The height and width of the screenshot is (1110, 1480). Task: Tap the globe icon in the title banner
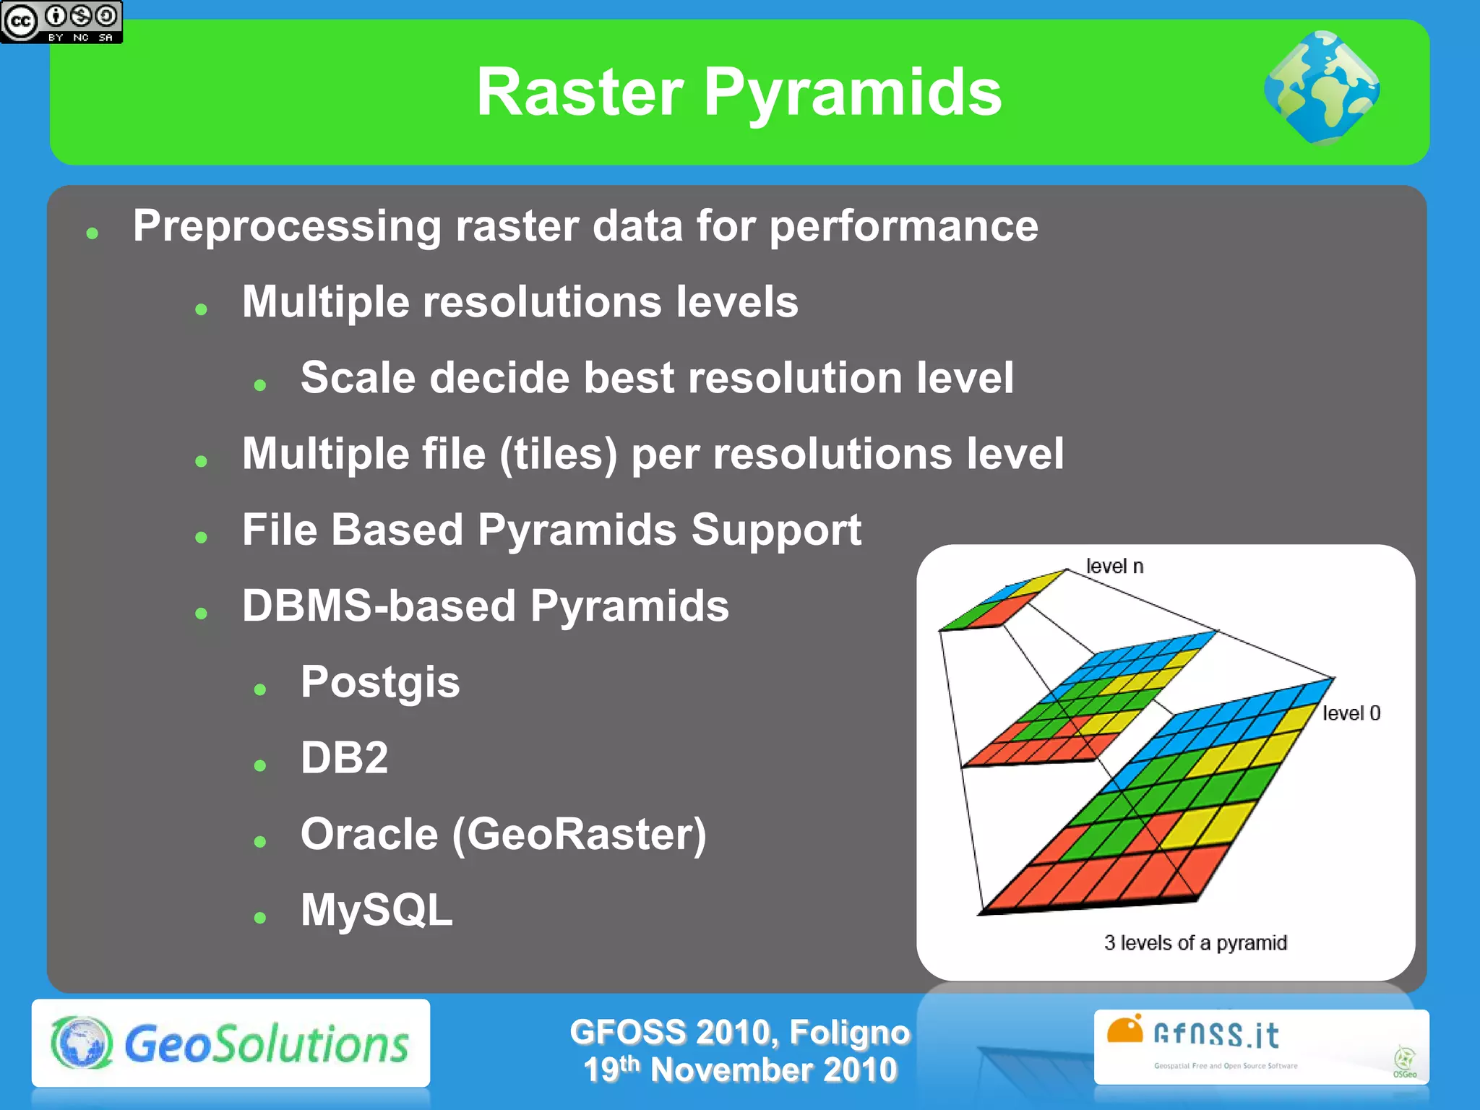click(x=1322, y=88)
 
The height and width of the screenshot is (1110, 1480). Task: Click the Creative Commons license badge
click(x=61, y=22)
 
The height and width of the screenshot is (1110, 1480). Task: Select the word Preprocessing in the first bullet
click(x=286, y=227)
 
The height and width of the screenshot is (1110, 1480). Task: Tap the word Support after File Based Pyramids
click(x=776, y=530)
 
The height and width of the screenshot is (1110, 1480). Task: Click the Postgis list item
click(x=380, y=682)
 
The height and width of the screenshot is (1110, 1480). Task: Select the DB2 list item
click(x=344, y=758)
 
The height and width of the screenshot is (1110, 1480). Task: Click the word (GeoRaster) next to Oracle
click(x=579, y=835)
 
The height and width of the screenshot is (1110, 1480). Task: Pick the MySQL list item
click(x=377, y=911)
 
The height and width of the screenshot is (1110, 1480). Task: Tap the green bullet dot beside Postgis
click(x=260, y=689)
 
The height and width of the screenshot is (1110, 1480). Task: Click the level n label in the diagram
click(x=1114, y=567)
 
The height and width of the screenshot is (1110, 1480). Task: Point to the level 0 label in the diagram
click(x=1351, y=713)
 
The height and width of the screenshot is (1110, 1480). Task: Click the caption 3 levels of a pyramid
click(x=1195, y=943)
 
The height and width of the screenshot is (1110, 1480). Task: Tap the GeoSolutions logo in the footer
click(x=231, y=1044)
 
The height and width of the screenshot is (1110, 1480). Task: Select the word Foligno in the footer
click(x=849, y=1032)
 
